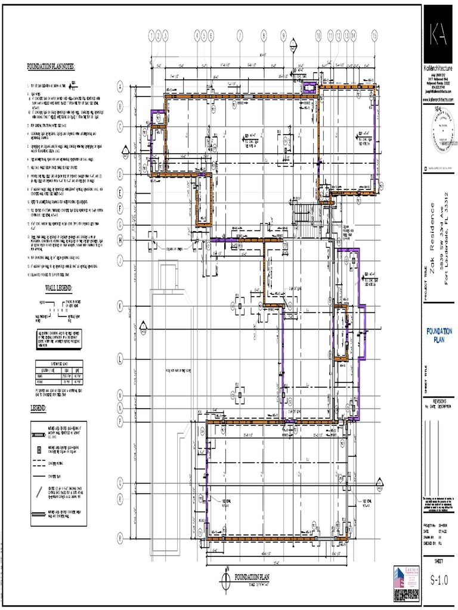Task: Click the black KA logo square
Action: tap(440, 33)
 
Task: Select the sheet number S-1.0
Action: tap(439, 580)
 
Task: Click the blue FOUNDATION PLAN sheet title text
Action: tap(439, 335)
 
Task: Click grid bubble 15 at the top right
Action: tap(374, 35)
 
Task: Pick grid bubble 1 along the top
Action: tap(152, 35)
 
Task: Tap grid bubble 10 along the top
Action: tap(318, 35)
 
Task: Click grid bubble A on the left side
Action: tap(120, 87)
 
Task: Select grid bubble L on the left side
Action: tap(120, 359)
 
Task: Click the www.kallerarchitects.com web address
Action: tap(439, 98)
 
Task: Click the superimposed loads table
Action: tap(59, 369)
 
